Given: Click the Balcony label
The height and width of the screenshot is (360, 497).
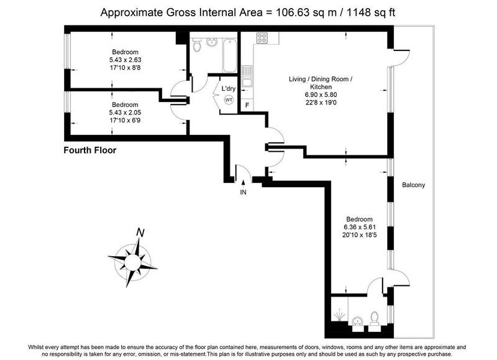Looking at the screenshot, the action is pyautogui.click(x=413, y=185).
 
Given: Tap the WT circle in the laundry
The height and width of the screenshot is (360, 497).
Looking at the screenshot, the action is pyautogui.click(x=229, y=100).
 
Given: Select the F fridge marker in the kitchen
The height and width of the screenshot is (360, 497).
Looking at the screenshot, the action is pyautogui.click(x=247, y=105).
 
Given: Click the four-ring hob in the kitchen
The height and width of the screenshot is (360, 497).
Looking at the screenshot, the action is pyautogui.click(x=262, y=38).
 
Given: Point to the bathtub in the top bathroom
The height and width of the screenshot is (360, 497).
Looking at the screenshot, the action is pyautogui.click(x=229, y=56).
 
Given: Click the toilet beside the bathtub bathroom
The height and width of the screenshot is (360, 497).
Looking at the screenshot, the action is pyautogui.click(x=197, y=45).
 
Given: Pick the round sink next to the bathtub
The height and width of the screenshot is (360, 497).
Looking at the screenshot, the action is pyautogui.click(x=211, y=42).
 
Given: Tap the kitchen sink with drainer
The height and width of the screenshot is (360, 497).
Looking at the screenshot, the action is pyautogui.click(x=247, y=76).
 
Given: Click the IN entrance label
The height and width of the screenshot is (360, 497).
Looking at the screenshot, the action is pyautogui.click(x=243, y=192).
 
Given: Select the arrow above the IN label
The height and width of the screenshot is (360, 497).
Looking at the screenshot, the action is pyautogui.click(x=243, y=184).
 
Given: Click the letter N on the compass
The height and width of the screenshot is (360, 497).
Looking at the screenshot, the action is pyautogui.click(x=140, y=233).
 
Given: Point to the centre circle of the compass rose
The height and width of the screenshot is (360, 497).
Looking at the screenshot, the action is pyautogui.click(x=132, y=262).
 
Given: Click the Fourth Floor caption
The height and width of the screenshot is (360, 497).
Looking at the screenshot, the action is pyautogui.click(x=90, y=150).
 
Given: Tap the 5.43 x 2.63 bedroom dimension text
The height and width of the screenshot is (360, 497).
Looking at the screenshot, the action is pyautogui.click(x=125, y=60).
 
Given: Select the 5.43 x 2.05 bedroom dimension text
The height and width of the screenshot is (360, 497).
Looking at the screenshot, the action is pyautogui.click(x=125, y=113).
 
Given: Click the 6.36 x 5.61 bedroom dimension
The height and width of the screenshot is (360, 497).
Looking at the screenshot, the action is pyautogui.click(x=360, y=227).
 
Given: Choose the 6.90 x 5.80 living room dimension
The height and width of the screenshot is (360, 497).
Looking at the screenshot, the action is pyautogui.click(x=321, y=95).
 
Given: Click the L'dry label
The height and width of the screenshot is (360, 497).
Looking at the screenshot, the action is pyautogui.click(x=228, y=88).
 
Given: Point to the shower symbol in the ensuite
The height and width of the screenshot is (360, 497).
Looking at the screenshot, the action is pyautogui.click(x=339, y=315).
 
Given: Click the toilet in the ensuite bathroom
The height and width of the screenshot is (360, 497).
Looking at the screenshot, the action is pyautogui.click(x=375, y=318).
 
